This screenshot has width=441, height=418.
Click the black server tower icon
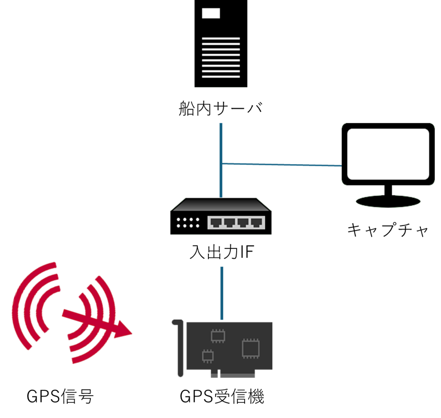[x=221, y=43]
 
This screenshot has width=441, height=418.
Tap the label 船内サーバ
[x=221, y=108]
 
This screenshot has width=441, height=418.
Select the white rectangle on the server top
[x=211, y=13]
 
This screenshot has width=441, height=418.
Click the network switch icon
[x=221, y=216]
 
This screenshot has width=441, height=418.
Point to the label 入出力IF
[x=222, y=252]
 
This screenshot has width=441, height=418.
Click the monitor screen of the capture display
[x=388, y=154]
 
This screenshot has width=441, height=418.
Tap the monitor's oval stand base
[x=388, y=201]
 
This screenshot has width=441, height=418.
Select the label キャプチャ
[x=388, y=230]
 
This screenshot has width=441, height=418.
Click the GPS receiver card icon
[x=222, y=349]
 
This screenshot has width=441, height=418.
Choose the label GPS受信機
[x=222, y=397]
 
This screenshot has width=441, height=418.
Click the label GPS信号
[x=60, y=397]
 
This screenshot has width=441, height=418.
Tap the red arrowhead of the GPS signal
[x=123, y=329]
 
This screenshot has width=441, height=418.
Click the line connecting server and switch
[x=221, y=160]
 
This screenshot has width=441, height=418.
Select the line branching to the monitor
[x=282, y=165]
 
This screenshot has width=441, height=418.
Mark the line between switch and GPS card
[x=222, y=293]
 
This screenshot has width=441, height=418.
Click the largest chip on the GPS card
[x=250, y=349]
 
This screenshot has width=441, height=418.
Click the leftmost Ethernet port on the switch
[x=216, y=222]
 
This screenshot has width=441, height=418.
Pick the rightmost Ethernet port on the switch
[x=256, y=222]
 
